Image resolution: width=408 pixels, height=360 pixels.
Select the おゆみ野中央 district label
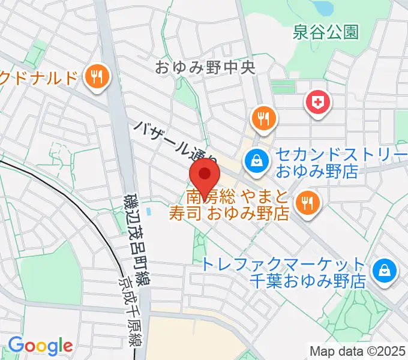coord(205,67)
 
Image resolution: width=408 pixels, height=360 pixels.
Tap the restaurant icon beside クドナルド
coord(96,76)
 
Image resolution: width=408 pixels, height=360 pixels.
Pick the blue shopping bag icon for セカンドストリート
coord(256,161)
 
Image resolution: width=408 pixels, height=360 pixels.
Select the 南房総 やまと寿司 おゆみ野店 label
coord(239,204)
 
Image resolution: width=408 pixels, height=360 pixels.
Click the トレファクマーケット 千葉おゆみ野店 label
coord(283,272)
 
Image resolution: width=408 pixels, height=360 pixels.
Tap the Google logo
coord(40,346)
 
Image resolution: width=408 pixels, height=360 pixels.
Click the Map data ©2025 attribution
coord(358,351)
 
